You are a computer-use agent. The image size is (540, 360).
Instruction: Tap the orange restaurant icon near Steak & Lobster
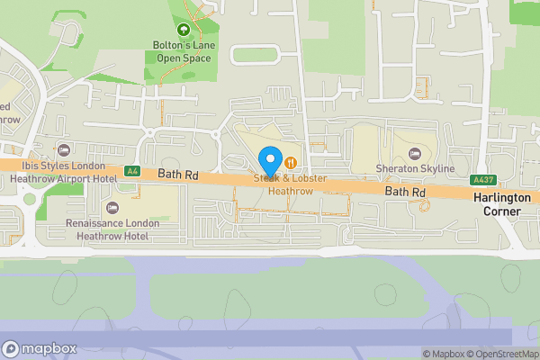[x=292, y=162]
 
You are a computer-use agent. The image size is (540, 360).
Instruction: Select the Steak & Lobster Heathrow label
[x=290, y=184]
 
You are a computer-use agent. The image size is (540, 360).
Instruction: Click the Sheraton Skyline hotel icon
[x=414, y=153]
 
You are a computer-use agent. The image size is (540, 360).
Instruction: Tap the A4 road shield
[x=132, y=170]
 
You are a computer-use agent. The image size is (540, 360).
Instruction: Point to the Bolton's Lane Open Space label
[x=184, y=52]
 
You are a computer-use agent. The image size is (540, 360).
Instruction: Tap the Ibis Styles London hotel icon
[x=63, y=149]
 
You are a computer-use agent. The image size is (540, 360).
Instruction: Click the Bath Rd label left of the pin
[x=176, y=172]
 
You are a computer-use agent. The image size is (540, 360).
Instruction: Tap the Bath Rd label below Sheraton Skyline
[x=405, y=192]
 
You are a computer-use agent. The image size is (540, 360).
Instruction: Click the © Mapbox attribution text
[x=441, y=354]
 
